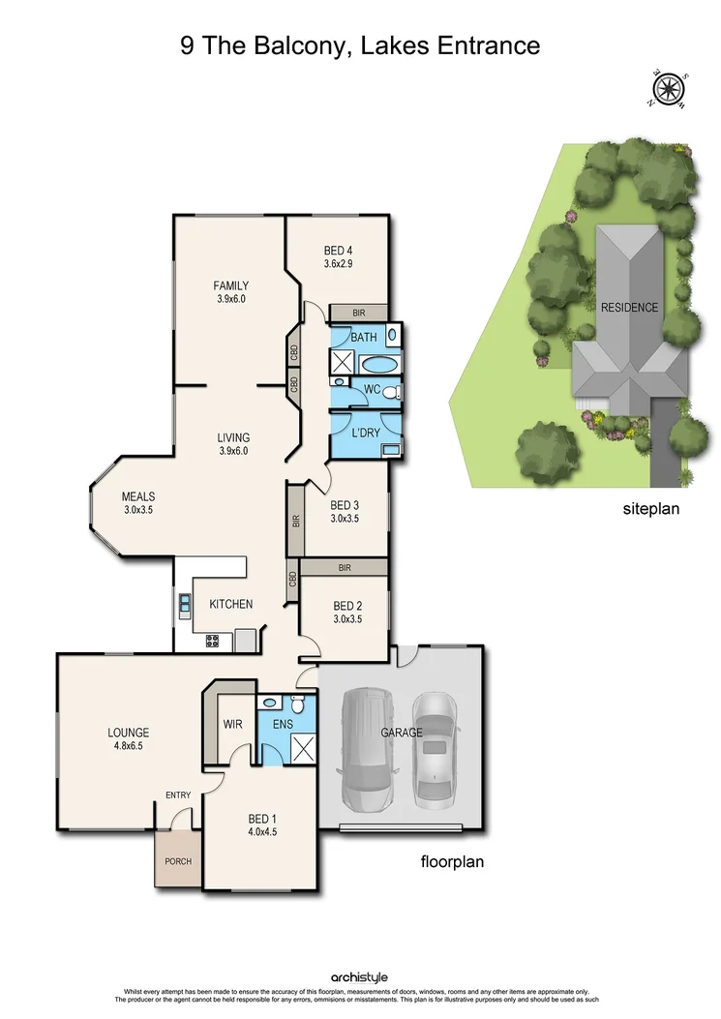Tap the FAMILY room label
point(231,285)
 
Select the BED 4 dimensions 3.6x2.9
point(337,263)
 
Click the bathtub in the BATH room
point(376,365)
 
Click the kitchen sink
point(185,606)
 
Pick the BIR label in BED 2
point(344,568)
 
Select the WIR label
point(233,724)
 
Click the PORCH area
point(177,859)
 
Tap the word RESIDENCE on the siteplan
point(629,308)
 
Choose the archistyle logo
point(359,978)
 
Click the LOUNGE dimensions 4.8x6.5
point(128,747)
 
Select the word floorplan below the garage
point(451,860)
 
